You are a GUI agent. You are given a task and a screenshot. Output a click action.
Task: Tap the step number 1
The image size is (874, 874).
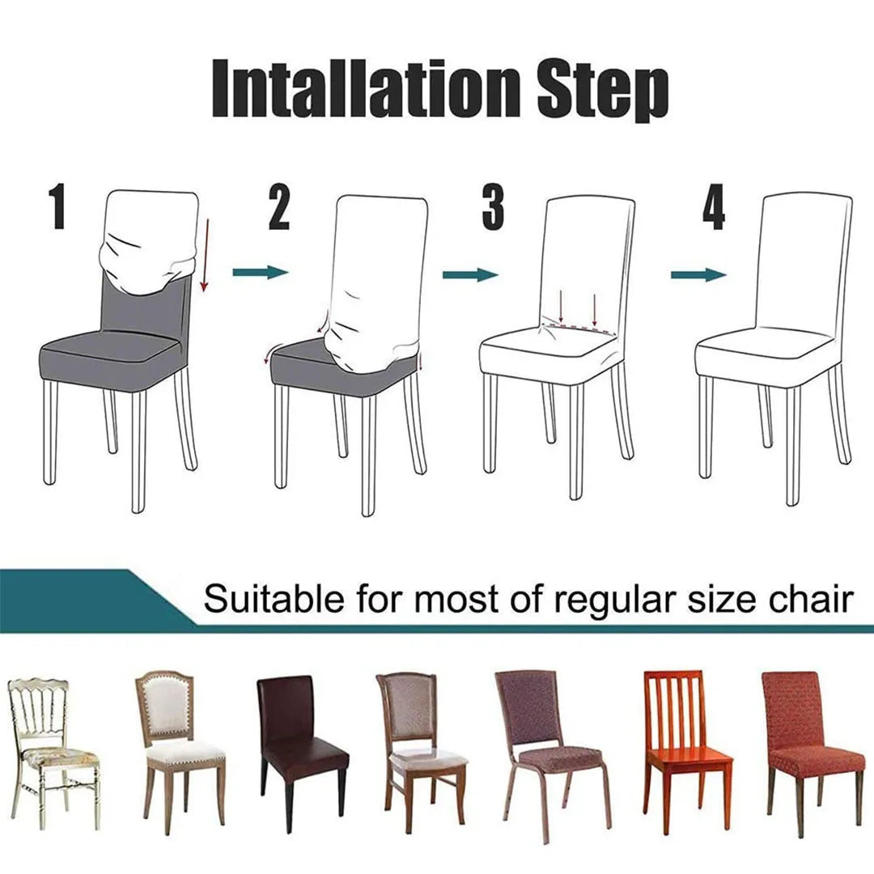coord(57,207)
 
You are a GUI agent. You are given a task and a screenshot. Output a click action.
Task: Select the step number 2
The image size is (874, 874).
coord(278,207)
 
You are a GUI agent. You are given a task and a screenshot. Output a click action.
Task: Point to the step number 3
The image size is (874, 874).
coord(493,207)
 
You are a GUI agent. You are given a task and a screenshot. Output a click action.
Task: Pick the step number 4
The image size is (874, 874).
coord(713,207)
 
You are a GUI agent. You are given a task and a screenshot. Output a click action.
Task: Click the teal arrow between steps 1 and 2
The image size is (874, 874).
coord(260,273)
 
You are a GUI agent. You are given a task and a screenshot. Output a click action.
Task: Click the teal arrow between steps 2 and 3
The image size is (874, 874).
coord(469,274)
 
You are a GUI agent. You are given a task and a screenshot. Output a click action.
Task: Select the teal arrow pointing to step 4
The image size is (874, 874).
coord(698,275)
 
